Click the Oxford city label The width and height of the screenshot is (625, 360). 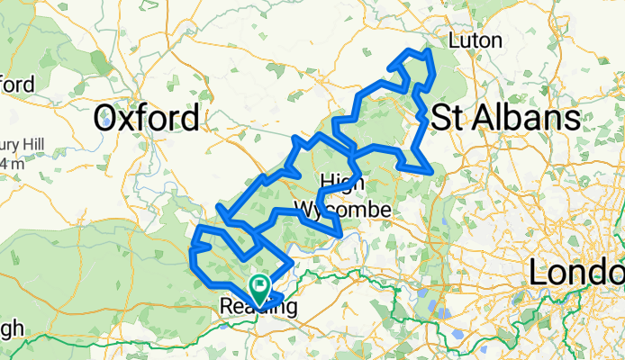tap(148, 118)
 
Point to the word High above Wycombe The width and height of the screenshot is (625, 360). tap(342, 183)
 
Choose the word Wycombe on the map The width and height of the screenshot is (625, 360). tap(344, 210)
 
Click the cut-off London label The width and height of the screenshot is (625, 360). tap(577, 273)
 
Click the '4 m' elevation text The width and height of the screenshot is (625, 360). tap(12, 164)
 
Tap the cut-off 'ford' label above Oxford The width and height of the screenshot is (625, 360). tap(17, 85)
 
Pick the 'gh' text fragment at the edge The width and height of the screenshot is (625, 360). tap(9, 326)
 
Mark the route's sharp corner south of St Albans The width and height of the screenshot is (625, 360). tap(434, 169)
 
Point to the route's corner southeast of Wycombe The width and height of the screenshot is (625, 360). tap(340, 234)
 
